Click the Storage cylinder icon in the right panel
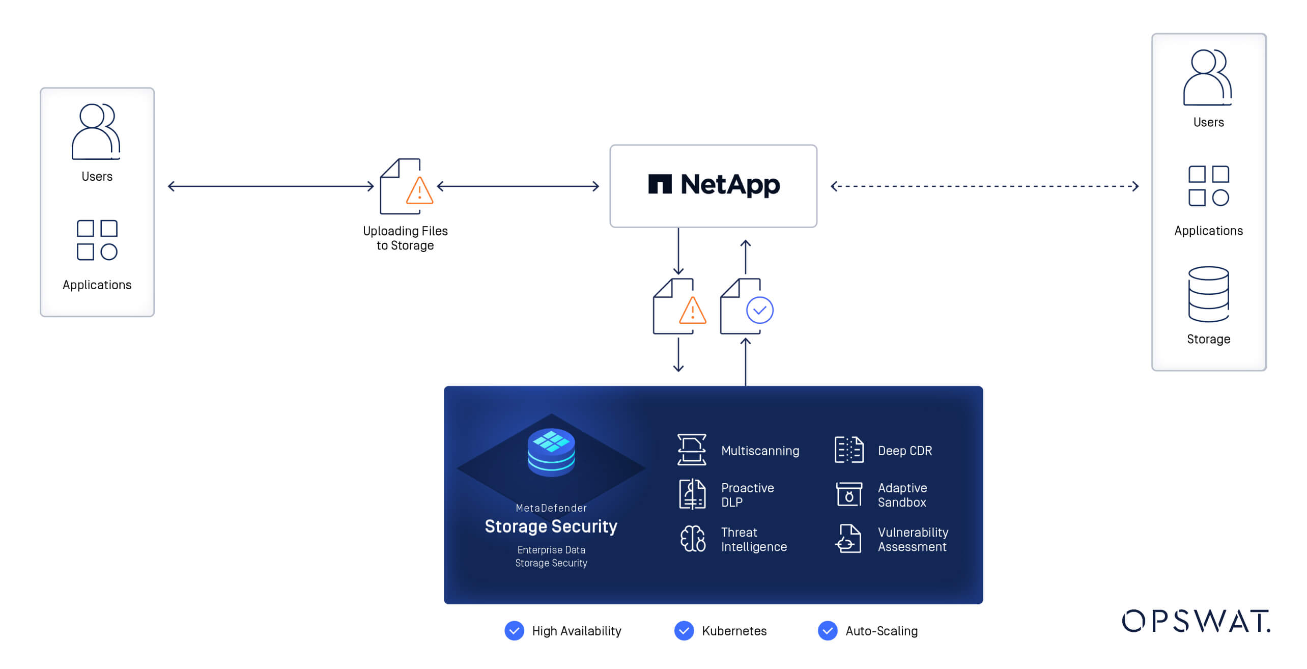tap(1208, 294)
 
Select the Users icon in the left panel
tap(96, 132)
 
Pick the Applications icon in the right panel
tap(1208, 186)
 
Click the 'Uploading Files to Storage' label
tap(405, 238)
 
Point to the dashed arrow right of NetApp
tap(984, 186)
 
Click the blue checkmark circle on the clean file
tap(759, 310)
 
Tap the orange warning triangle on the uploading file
tap(419, 191)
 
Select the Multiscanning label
tap(760, 451)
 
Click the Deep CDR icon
tap(849, 450)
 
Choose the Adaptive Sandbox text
tap(902, 495)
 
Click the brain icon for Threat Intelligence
tap(693, 539)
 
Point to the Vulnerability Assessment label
tap(913, 539)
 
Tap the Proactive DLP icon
tap(692, 494)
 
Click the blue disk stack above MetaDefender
tap(551, 452)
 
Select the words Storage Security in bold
tap(551, 526)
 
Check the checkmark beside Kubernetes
tap(684, 631)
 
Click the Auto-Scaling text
tap(882, 631)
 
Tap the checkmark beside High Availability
tap(514, 631)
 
